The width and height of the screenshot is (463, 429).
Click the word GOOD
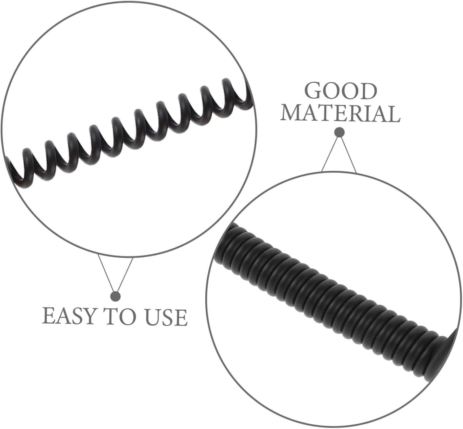click(x=341, y=91)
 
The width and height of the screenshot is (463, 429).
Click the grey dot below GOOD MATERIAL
click(x=339, y=132)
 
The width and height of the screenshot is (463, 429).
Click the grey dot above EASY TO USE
click(x=115, y=297)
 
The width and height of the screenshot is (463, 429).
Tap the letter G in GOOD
click(x=314, y=91)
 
